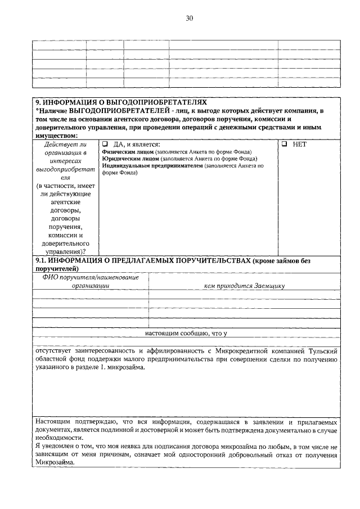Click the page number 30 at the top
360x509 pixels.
pos(189,18)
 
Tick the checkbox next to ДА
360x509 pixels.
pos(105,144)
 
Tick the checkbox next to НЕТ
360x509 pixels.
pos(285,144)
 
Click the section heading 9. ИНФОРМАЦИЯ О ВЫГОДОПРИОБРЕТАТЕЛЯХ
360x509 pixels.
pos(121,102)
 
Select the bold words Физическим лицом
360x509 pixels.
pos(128,152)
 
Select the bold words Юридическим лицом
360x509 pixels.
pos(129,159)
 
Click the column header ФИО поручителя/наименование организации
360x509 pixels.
pos(91,281)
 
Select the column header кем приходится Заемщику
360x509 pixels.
pos(244,285)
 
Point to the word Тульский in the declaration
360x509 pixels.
pos(322,350)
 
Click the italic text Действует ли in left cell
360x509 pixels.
pos(65,145)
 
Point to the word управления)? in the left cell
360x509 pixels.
pos(65,251)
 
